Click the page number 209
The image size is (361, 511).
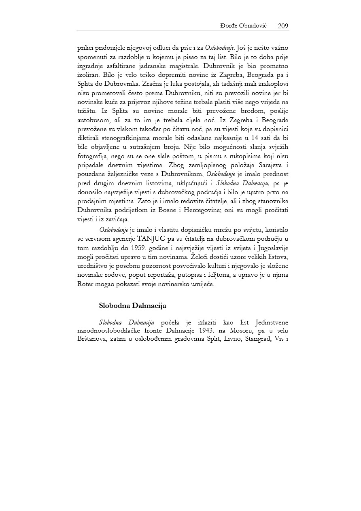[283, 26]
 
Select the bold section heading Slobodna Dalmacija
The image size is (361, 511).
[132, 305]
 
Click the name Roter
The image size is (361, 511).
[86, 284]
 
